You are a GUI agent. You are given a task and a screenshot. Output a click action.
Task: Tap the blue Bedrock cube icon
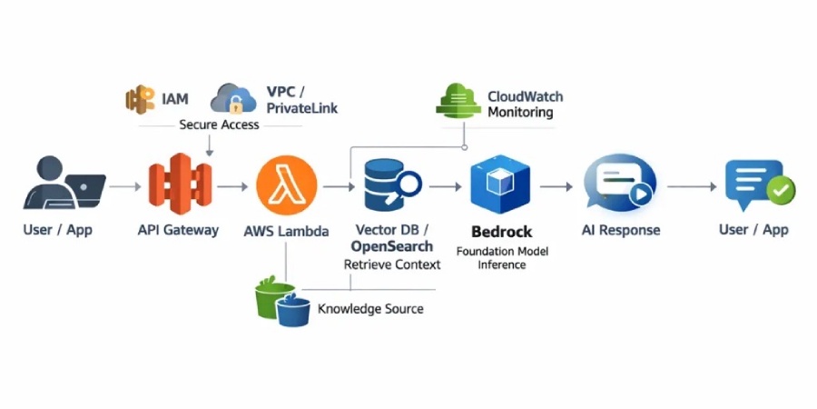(498, 185)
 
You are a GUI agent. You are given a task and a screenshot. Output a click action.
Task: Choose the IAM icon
(141, 98)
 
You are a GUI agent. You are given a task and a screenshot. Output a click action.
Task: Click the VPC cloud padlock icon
(233, 99)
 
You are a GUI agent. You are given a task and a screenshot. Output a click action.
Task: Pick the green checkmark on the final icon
(780, 190)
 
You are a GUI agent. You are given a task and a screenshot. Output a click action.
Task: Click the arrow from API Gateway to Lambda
(233, 185)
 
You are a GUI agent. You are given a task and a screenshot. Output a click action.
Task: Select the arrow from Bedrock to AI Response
(556, 185)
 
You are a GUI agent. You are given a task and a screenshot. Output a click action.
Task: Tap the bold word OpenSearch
(392, 246)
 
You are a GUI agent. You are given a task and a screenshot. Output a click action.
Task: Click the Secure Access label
(219, 125)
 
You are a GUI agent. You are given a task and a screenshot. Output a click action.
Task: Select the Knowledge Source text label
(370, 309)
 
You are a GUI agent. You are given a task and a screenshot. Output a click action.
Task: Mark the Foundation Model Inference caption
(502, 257)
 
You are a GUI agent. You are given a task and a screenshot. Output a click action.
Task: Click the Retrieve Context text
(392, 264)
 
